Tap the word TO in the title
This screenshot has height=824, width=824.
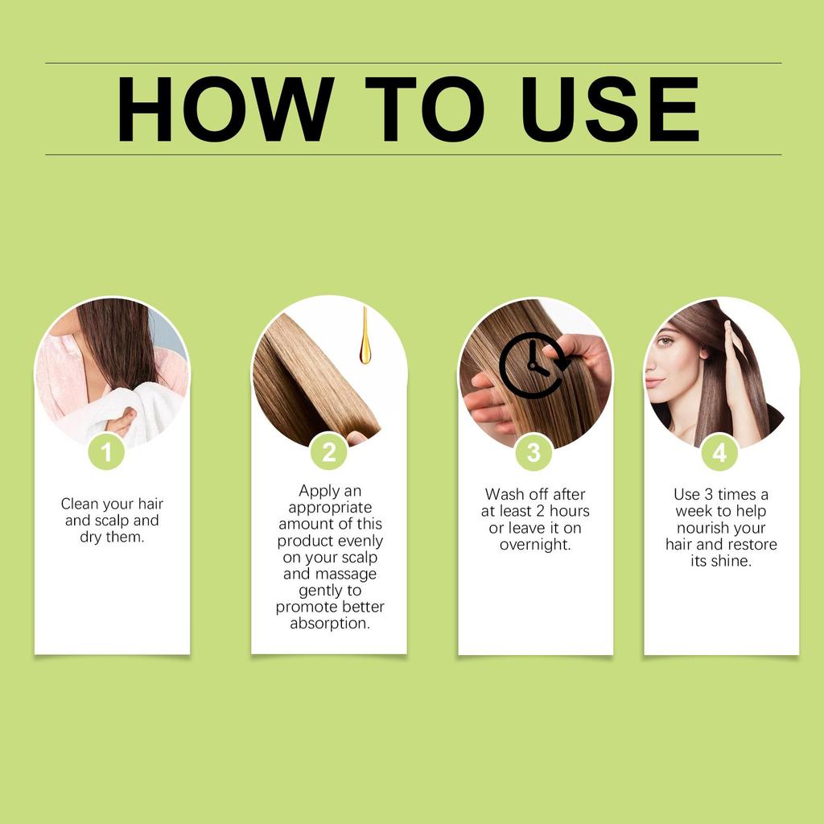click(424, 110)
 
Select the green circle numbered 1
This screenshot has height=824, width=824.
click(106, 452)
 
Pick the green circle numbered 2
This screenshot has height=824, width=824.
click(328, 452)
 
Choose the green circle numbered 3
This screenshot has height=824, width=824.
click(534, 452)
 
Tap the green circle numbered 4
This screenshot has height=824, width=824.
click(719, 452)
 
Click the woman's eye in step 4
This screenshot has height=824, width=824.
click(665, 340)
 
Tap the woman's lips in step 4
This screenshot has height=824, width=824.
click(653, 382)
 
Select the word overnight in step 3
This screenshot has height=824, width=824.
click(534, 545)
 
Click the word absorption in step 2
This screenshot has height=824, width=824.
click(330, 624)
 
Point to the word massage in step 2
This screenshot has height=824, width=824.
click(350, 574)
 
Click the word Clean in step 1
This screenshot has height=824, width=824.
click(80, 504)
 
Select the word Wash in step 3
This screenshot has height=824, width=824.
click(504, 494)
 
